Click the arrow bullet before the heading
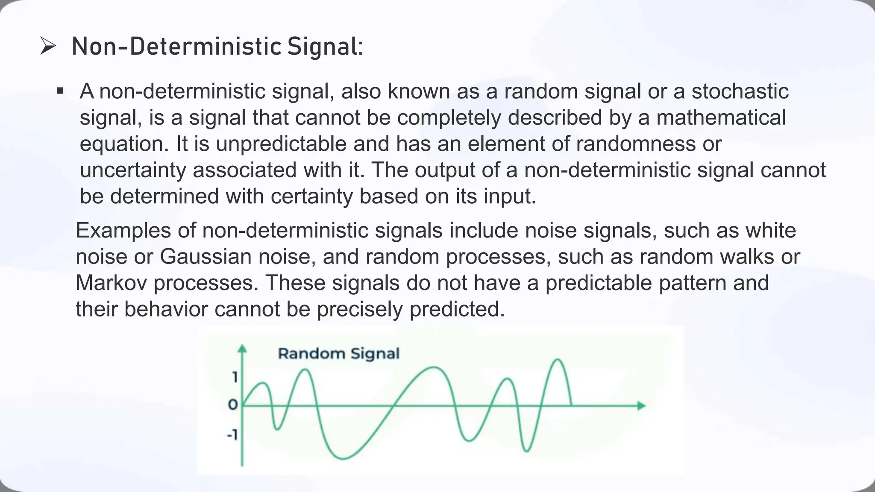point(48,46)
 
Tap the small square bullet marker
point(60,91)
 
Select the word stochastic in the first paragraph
point(740,91)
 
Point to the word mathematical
point(721,117)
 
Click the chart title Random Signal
point(339,354)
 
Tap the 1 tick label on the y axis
point(235,378)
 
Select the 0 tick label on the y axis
point(233,404)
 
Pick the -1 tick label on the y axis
point(232,435)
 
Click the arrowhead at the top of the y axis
point(242,349)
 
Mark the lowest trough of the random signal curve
point(343,459)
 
